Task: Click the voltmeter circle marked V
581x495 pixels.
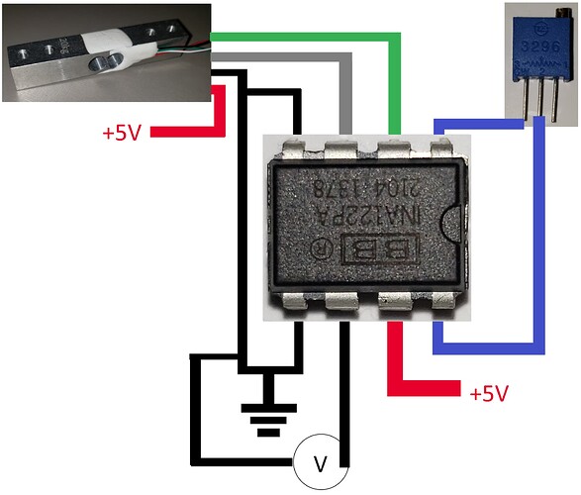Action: pos(319,463)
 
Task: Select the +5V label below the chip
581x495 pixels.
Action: pos(489,393)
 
